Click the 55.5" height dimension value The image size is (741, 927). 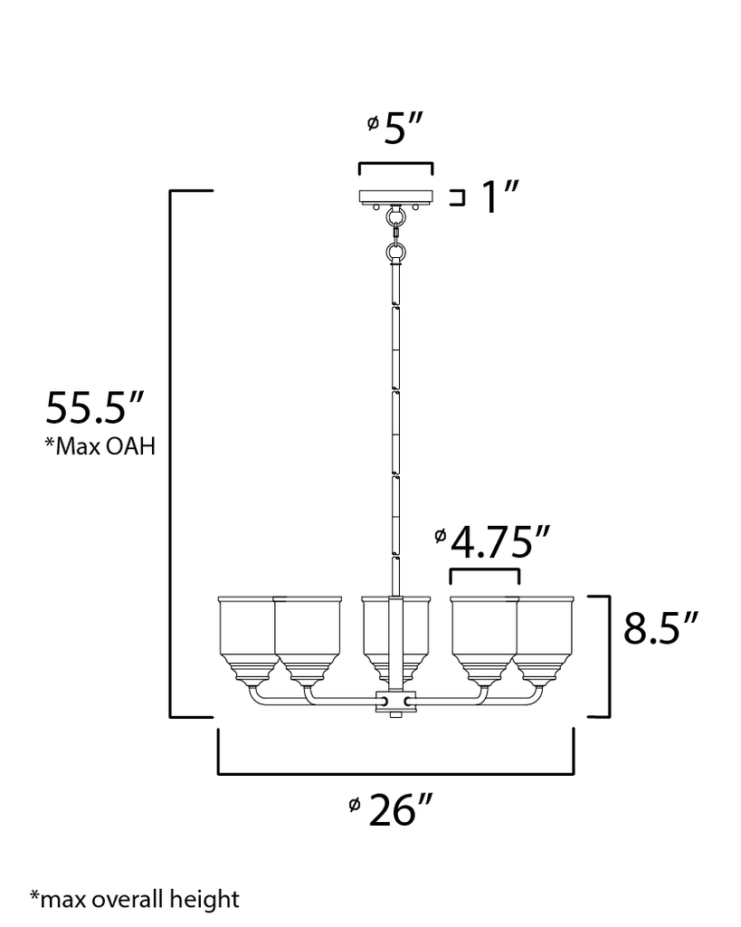(95, 409)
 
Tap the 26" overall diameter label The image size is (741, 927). (395, 811)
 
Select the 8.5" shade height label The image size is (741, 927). (661, 629)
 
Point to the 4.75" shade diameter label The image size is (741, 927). (499, 545)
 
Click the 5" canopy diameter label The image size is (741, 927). (404, 129)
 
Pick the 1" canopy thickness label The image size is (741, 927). (499, 198)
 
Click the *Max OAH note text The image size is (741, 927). (99, 447)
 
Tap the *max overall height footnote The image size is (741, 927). (135, 899)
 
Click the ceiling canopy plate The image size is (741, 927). (395, 196)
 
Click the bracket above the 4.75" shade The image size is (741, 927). (485, 575)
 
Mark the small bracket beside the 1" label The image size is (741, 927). (458, 197)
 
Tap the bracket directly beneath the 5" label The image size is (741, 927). (395, 167)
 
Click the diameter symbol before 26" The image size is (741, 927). (355, 804)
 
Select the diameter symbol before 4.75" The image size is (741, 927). (440, 537)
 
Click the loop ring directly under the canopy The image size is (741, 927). (395, 218)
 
